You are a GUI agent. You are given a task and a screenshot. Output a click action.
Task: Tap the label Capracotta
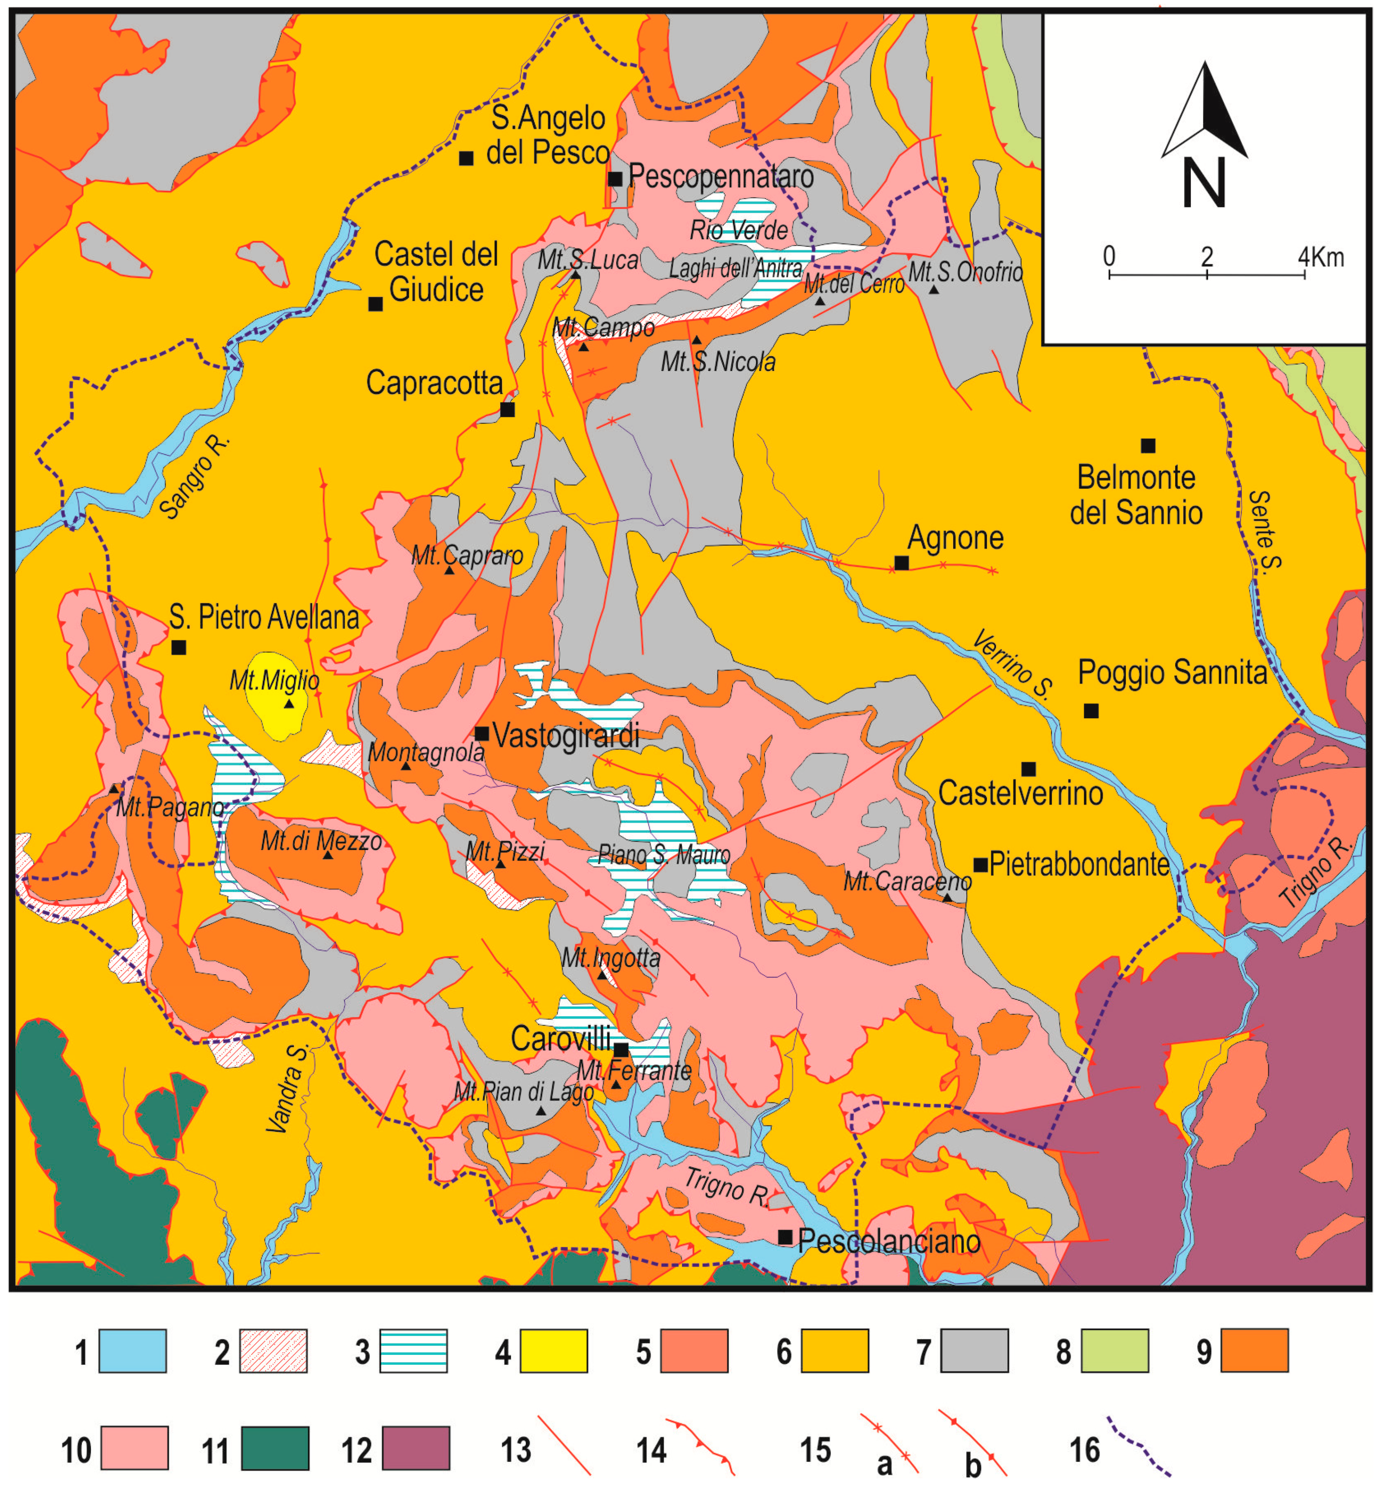point(434,383)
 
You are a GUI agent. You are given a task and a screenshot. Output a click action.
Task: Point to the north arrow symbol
point(1205,113)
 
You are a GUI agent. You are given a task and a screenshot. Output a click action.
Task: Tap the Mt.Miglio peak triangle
point(289,704)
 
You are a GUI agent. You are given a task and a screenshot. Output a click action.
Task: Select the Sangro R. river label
point(194,476)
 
